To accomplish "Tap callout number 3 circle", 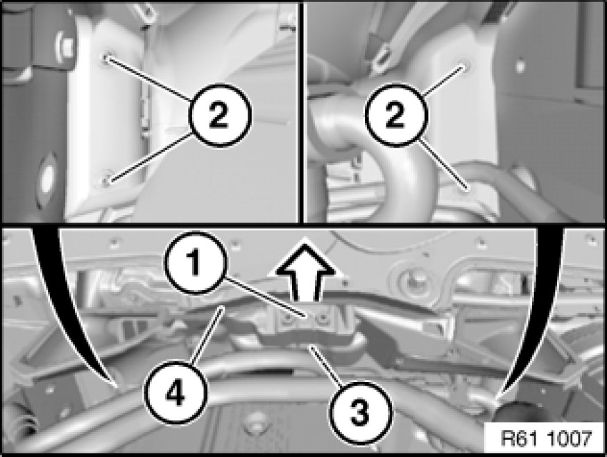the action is (x=359, y=411).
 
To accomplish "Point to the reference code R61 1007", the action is (x=546, y=439).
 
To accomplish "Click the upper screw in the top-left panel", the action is (x=106, y=58).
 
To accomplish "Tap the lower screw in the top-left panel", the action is (x=107, y=180).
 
